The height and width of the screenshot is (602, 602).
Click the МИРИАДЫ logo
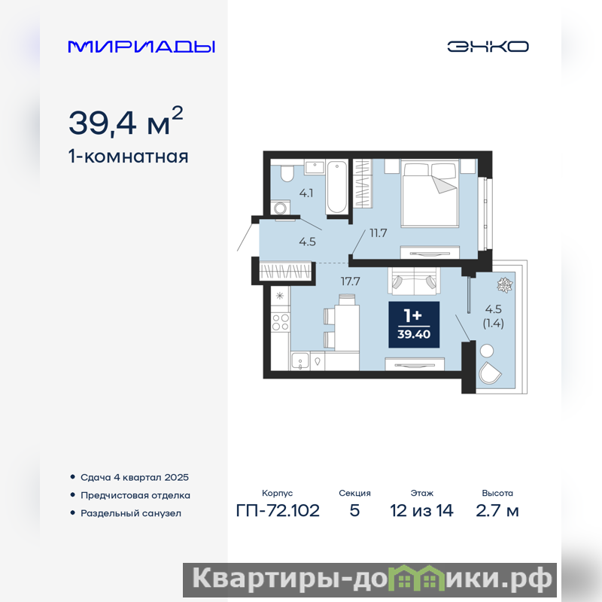(x=141, y=47)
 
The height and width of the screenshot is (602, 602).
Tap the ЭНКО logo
(x=488, y=47)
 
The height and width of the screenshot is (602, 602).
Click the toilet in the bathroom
(x=287, y=173)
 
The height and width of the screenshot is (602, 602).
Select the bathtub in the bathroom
(x=337, y=187)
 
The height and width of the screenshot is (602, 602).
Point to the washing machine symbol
(x=280, y=208)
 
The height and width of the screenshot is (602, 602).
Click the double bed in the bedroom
(x=429, y=193)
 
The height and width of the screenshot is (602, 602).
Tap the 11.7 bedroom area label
(x=379, y=233)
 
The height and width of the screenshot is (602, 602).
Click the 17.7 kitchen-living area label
(x=350, y=281)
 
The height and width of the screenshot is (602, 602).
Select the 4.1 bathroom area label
(x=306, y=193)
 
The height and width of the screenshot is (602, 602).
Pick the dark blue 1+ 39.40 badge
(x=414, y=325)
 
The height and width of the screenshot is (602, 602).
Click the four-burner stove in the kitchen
(x=280, y=322)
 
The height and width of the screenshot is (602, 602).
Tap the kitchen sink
(x=299, y=361)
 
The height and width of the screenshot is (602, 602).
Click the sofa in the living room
(x=414, y=281)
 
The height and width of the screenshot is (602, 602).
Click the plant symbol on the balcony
(x=505, y=285)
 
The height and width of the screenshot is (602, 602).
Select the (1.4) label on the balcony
(x=494, y=324)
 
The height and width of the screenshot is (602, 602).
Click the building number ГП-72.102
(x=278, y=511)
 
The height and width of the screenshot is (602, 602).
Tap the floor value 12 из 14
(x=421, y=511)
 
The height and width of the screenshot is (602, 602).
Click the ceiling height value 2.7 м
(x=497, y=511)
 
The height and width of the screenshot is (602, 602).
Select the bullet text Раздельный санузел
(x=131, y=513)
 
